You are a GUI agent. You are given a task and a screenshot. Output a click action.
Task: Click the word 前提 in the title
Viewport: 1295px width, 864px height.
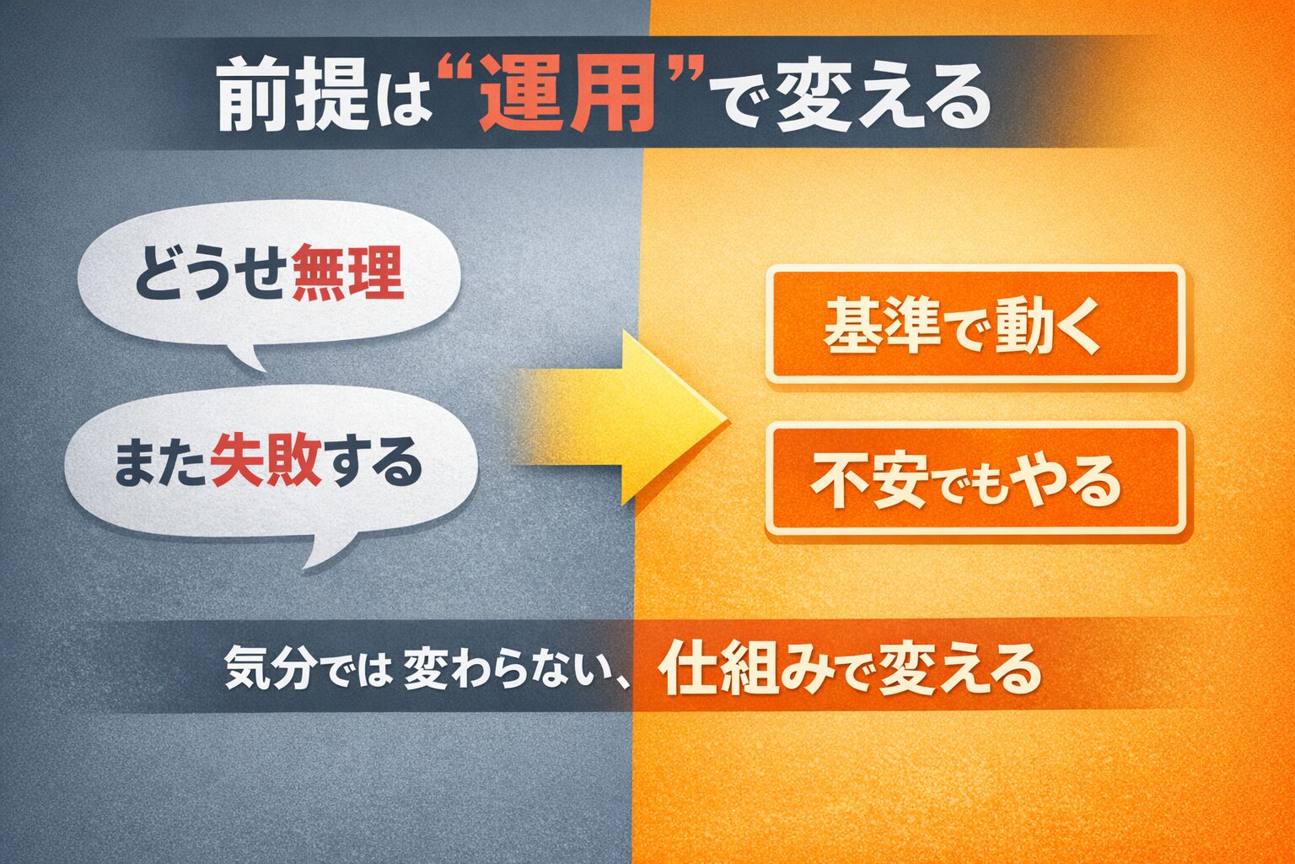coord(293,95)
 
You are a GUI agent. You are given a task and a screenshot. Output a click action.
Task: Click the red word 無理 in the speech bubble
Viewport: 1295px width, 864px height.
coord(347,273)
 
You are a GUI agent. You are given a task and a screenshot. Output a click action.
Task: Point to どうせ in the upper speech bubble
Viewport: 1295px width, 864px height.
coord(211,273)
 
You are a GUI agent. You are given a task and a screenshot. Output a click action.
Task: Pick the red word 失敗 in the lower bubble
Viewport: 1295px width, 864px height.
coord(266,462)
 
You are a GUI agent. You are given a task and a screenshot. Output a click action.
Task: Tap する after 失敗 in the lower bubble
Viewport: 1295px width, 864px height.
coord(373,462)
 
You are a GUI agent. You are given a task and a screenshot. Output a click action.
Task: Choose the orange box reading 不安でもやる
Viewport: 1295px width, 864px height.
coord(975,478)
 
